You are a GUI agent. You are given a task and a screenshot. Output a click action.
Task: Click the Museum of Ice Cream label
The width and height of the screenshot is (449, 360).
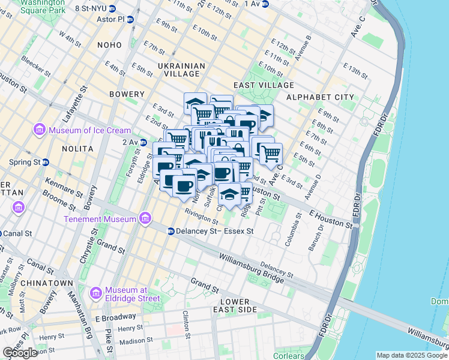tap(89, 130)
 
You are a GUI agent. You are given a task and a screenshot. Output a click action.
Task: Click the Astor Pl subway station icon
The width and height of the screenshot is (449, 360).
tap(130, 19)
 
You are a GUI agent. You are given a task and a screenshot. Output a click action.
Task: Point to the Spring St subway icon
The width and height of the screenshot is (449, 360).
tap(46, 162)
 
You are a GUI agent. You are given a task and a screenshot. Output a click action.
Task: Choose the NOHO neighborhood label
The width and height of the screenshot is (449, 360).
tap(113, 45)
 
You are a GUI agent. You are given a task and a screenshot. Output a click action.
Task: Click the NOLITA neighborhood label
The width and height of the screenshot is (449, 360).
tap(78, 148)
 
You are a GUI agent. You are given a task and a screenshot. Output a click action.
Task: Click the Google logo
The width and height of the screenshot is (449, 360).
tap(20, 353)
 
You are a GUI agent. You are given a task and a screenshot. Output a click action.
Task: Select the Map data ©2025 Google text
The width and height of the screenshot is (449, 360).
tap(411, 355)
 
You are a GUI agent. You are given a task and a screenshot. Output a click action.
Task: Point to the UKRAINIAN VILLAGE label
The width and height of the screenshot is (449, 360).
tap(181, 70)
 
